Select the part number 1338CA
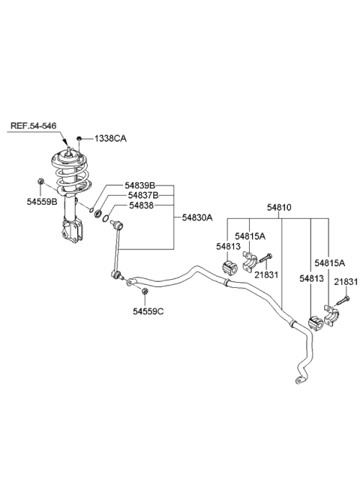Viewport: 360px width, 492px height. coord(111,139)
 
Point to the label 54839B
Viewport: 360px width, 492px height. coord(142,185)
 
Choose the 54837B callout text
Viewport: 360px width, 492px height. coord(142,195)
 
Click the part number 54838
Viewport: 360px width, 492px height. coord(142,205)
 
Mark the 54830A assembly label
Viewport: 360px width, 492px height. coord(197,217)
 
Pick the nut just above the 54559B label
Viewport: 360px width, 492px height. coord(40,181)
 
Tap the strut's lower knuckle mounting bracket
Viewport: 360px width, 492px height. coord(73,229)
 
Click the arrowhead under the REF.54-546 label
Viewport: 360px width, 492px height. coord(64,142)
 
